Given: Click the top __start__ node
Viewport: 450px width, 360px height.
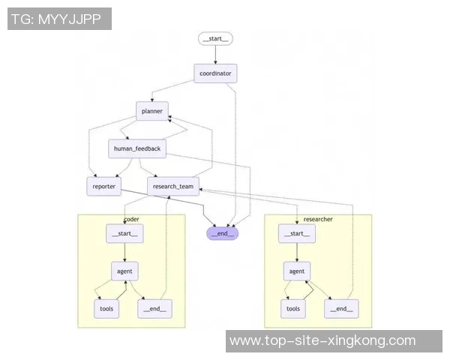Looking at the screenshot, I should point(216,38).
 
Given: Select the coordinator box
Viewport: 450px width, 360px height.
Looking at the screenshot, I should point(216,73).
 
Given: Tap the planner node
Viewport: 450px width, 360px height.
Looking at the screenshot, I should point(151,111).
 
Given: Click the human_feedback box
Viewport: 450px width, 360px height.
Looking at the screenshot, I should point(136,148).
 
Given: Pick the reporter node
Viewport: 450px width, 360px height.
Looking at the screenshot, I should point(103,186).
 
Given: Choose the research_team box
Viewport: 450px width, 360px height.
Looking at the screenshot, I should point(172,186).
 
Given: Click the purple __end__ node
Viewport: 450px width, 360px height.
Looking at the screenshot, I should point(223,233).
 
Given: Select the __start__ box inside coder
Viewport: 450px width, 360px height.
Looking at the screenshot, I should point(124,234).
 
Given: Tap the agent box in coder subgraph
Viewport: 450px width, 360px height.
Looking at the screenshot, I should point(124,271).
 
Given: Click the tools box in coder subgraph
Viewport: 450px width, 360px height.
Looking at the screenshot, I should point(106,307).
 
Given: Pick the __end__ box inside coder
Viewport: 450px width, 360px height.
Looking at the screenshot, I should point(153,307).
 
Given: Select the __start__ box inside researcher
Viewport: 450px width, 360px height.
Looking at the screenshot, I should point(296,234).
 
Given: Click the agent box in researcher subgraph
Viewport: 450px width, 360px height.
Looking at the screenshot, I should point(297,271).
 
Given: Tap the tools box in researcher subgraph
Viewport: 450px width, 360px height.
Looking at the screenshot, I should point(293,308).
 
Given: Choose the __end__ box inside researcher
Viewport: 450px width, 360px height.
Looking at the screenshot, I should point(340,308).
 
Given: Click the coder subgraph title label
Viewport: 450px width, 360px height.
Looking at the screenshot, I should point(131,219).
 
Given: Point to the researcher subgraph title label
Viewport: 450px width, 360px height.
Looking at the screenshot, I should point(318,219).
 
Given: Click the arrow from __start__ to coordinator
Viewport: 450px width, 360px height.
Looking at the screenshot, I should point(216,55).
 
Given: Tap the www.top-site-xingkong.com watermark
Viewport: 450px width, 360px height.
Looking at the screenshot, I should point(322,340).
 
